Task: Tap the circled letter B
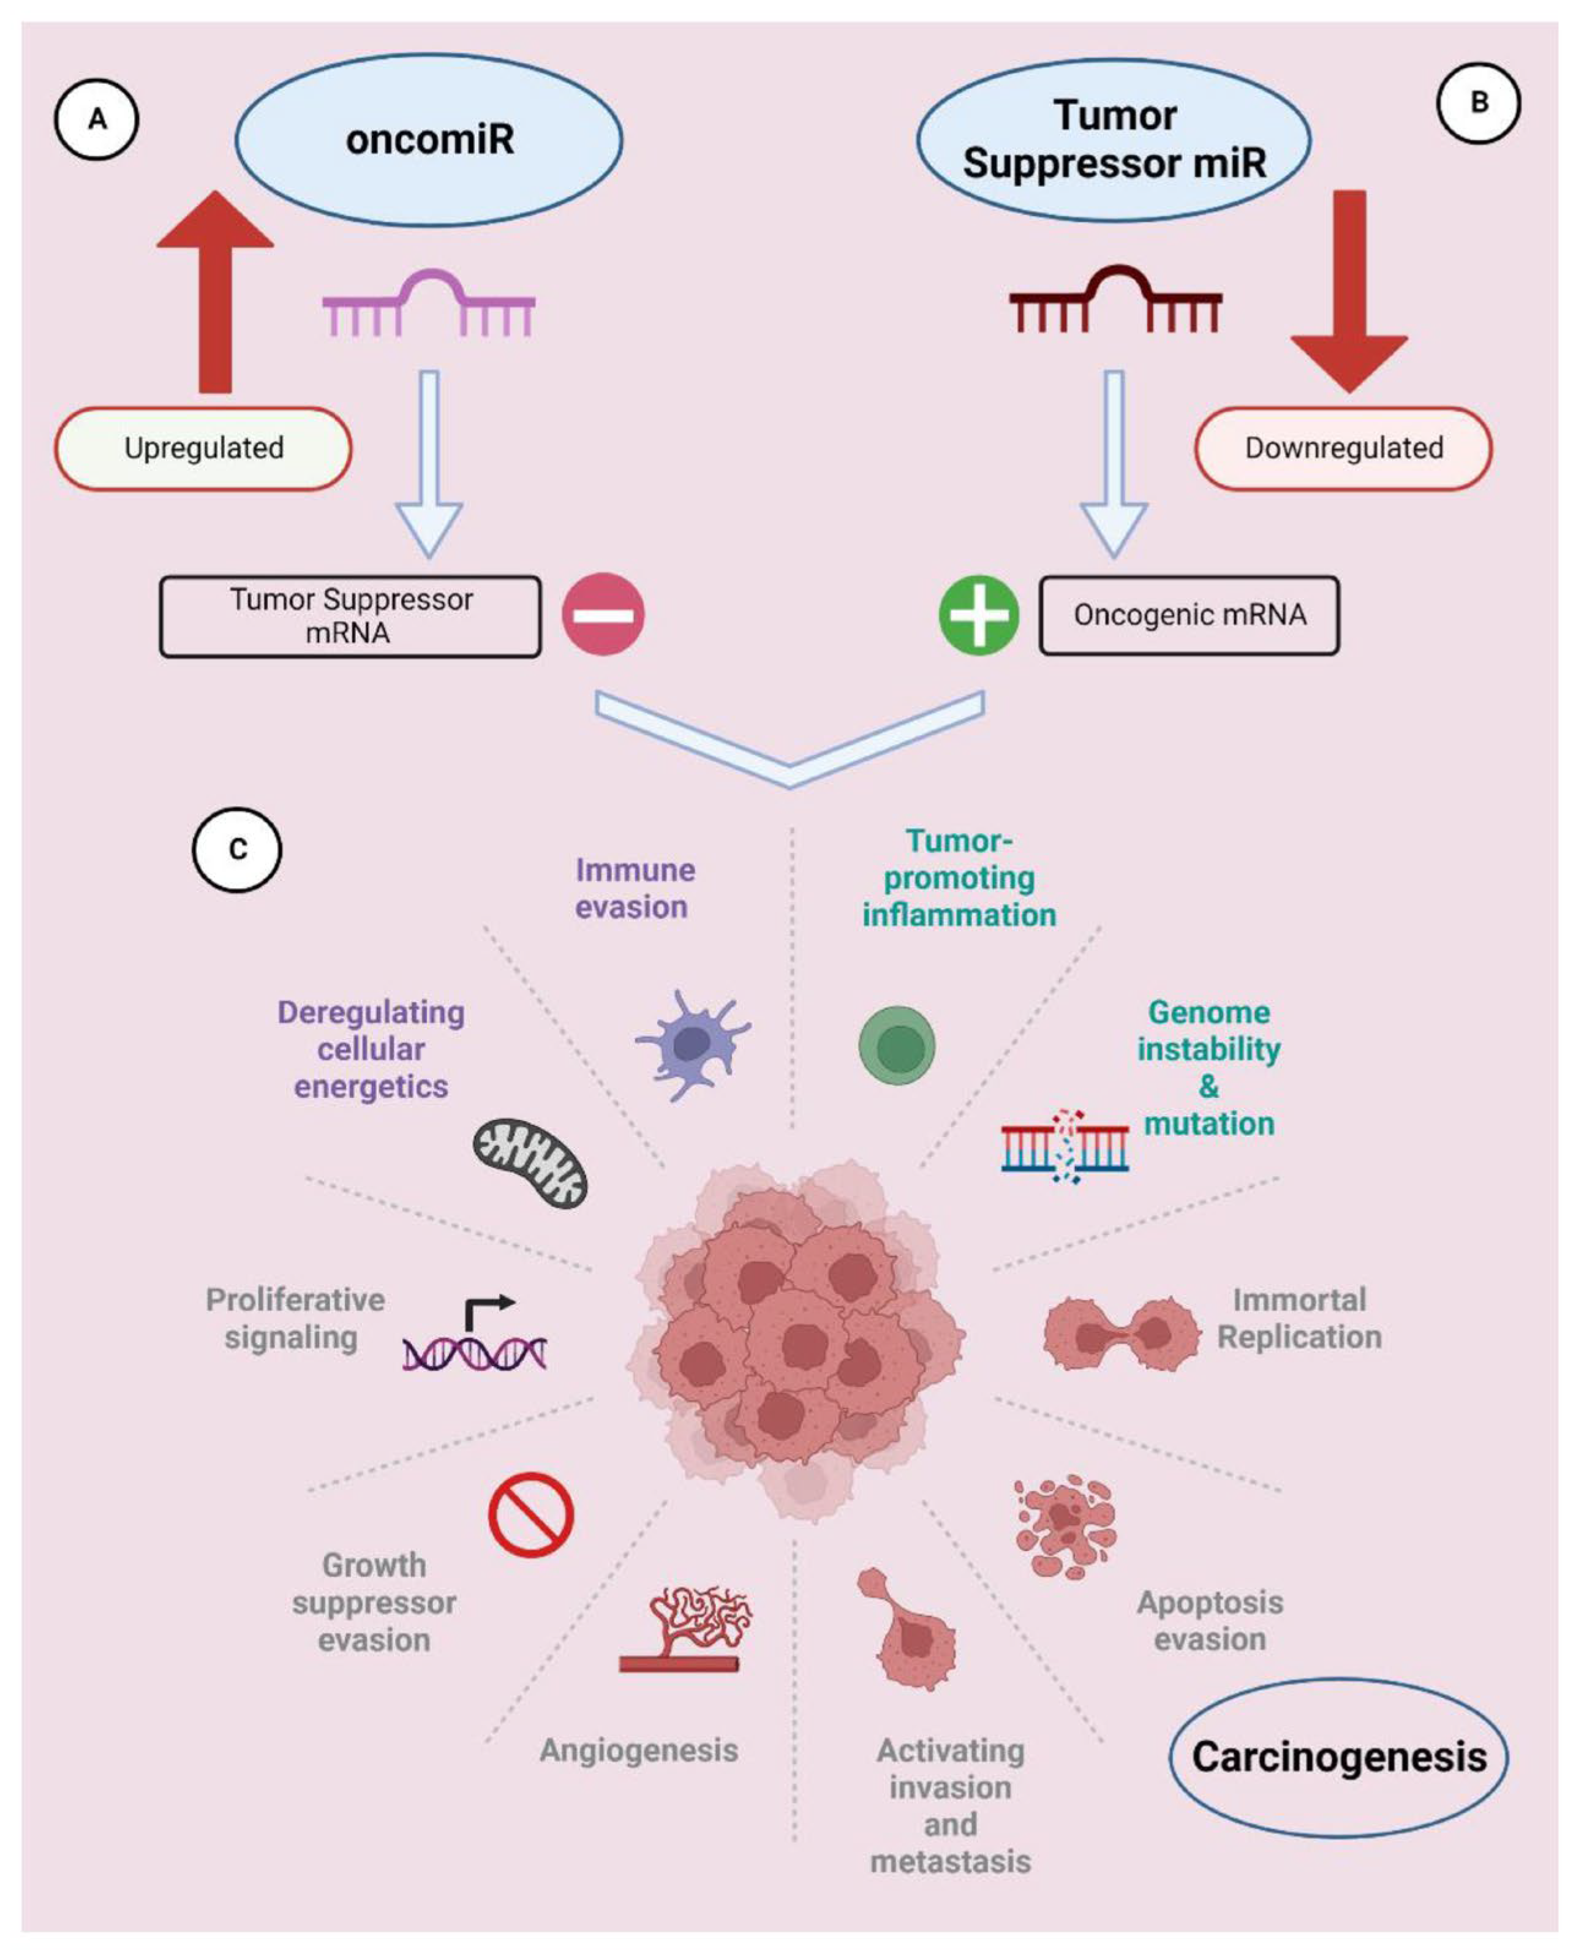click(x=1478, y=102)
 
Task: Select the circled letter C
click(x=237, y=850)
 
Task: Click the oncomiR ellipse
click(x=429, y=139)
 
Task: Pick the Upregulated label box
click(x=203, y=448)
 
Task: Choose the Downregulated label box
click(x=1343, y=448)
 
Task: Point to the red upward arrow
click(x=215, y=290)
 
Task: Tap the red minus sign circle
click(x=603, y=614)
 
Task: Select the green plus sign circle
click(x=979, y=614)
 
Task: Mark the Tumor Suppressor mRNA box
click(x=350, y=616)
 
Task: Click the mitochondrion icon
click(x=530, y=1162)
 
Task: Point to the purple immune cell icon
click(x=692, y=1045)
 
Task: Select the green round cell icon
click(x=897, y=1046)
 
